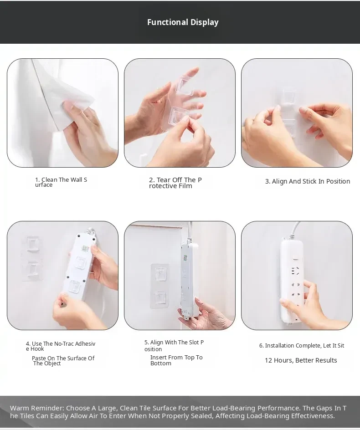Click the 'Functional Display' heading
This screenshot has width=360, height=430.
pyautogui.click(x=183, y=22)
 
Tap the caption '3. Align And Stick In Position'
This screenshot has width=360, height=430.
pyautogui.click(x=308, y=181)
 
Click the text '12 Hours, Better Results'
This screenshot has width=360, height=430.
pyautogui.click(x=301, y=360)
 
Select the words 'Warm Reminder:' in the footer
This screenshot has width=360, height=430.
pyautogui.click(x=37, y=408)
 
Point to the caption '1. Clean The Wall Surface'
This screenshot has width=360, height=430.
pyautogui.click(x=61, y=182)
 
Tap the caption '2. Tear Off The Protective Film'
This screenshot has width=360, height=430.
pyautogui.click(x=175, y=183)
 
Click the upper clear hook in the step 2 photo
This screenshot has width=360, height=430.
pyautogui.click(x=185, y=86)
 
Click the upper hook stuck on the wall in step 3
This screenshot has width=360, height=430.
pyautogui.click(x=289, y=96)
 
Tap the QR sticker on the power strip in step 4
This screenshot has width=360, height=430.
pyautogui.click(x=86, y=249)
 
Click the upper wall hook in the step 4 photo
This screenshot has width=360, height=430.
pyautogui.click(x=33, y=244)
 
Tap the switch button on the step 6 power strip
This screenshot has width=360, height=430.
pyautogui.click(x=295, y=257)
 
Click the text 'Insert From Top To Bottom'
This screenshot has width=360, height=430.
pyautogui.click(x=176, y=360)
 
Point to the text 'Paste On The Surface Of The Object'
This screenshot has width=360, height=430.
pyautogui.click(x=63, y=361)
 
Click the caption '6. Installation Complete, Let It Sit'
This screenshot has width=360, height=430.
pyautogui.click(x=302, y=346)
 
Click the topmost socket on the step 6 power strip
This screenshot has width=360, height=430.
pyautogui.click(x=295, y=271)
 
